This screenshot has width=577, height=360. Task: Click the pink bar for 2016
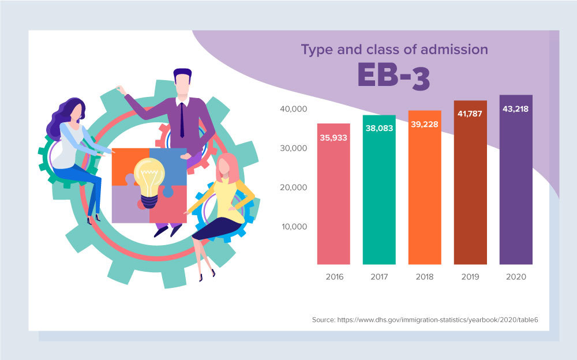[x=334, y=196]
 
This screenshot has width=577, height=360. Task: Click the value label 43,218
[x=516, y=108]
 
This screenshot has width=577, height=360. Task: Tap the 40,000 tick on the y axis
[x=294, y=109]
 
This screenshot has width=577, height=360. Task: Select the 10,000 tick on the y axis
[x=294, y=226]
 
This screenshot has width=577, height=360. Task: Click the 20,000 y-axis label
[x=294, y=187]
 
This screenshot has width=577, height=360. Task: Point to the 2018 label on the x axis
[x=425, y=277]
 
